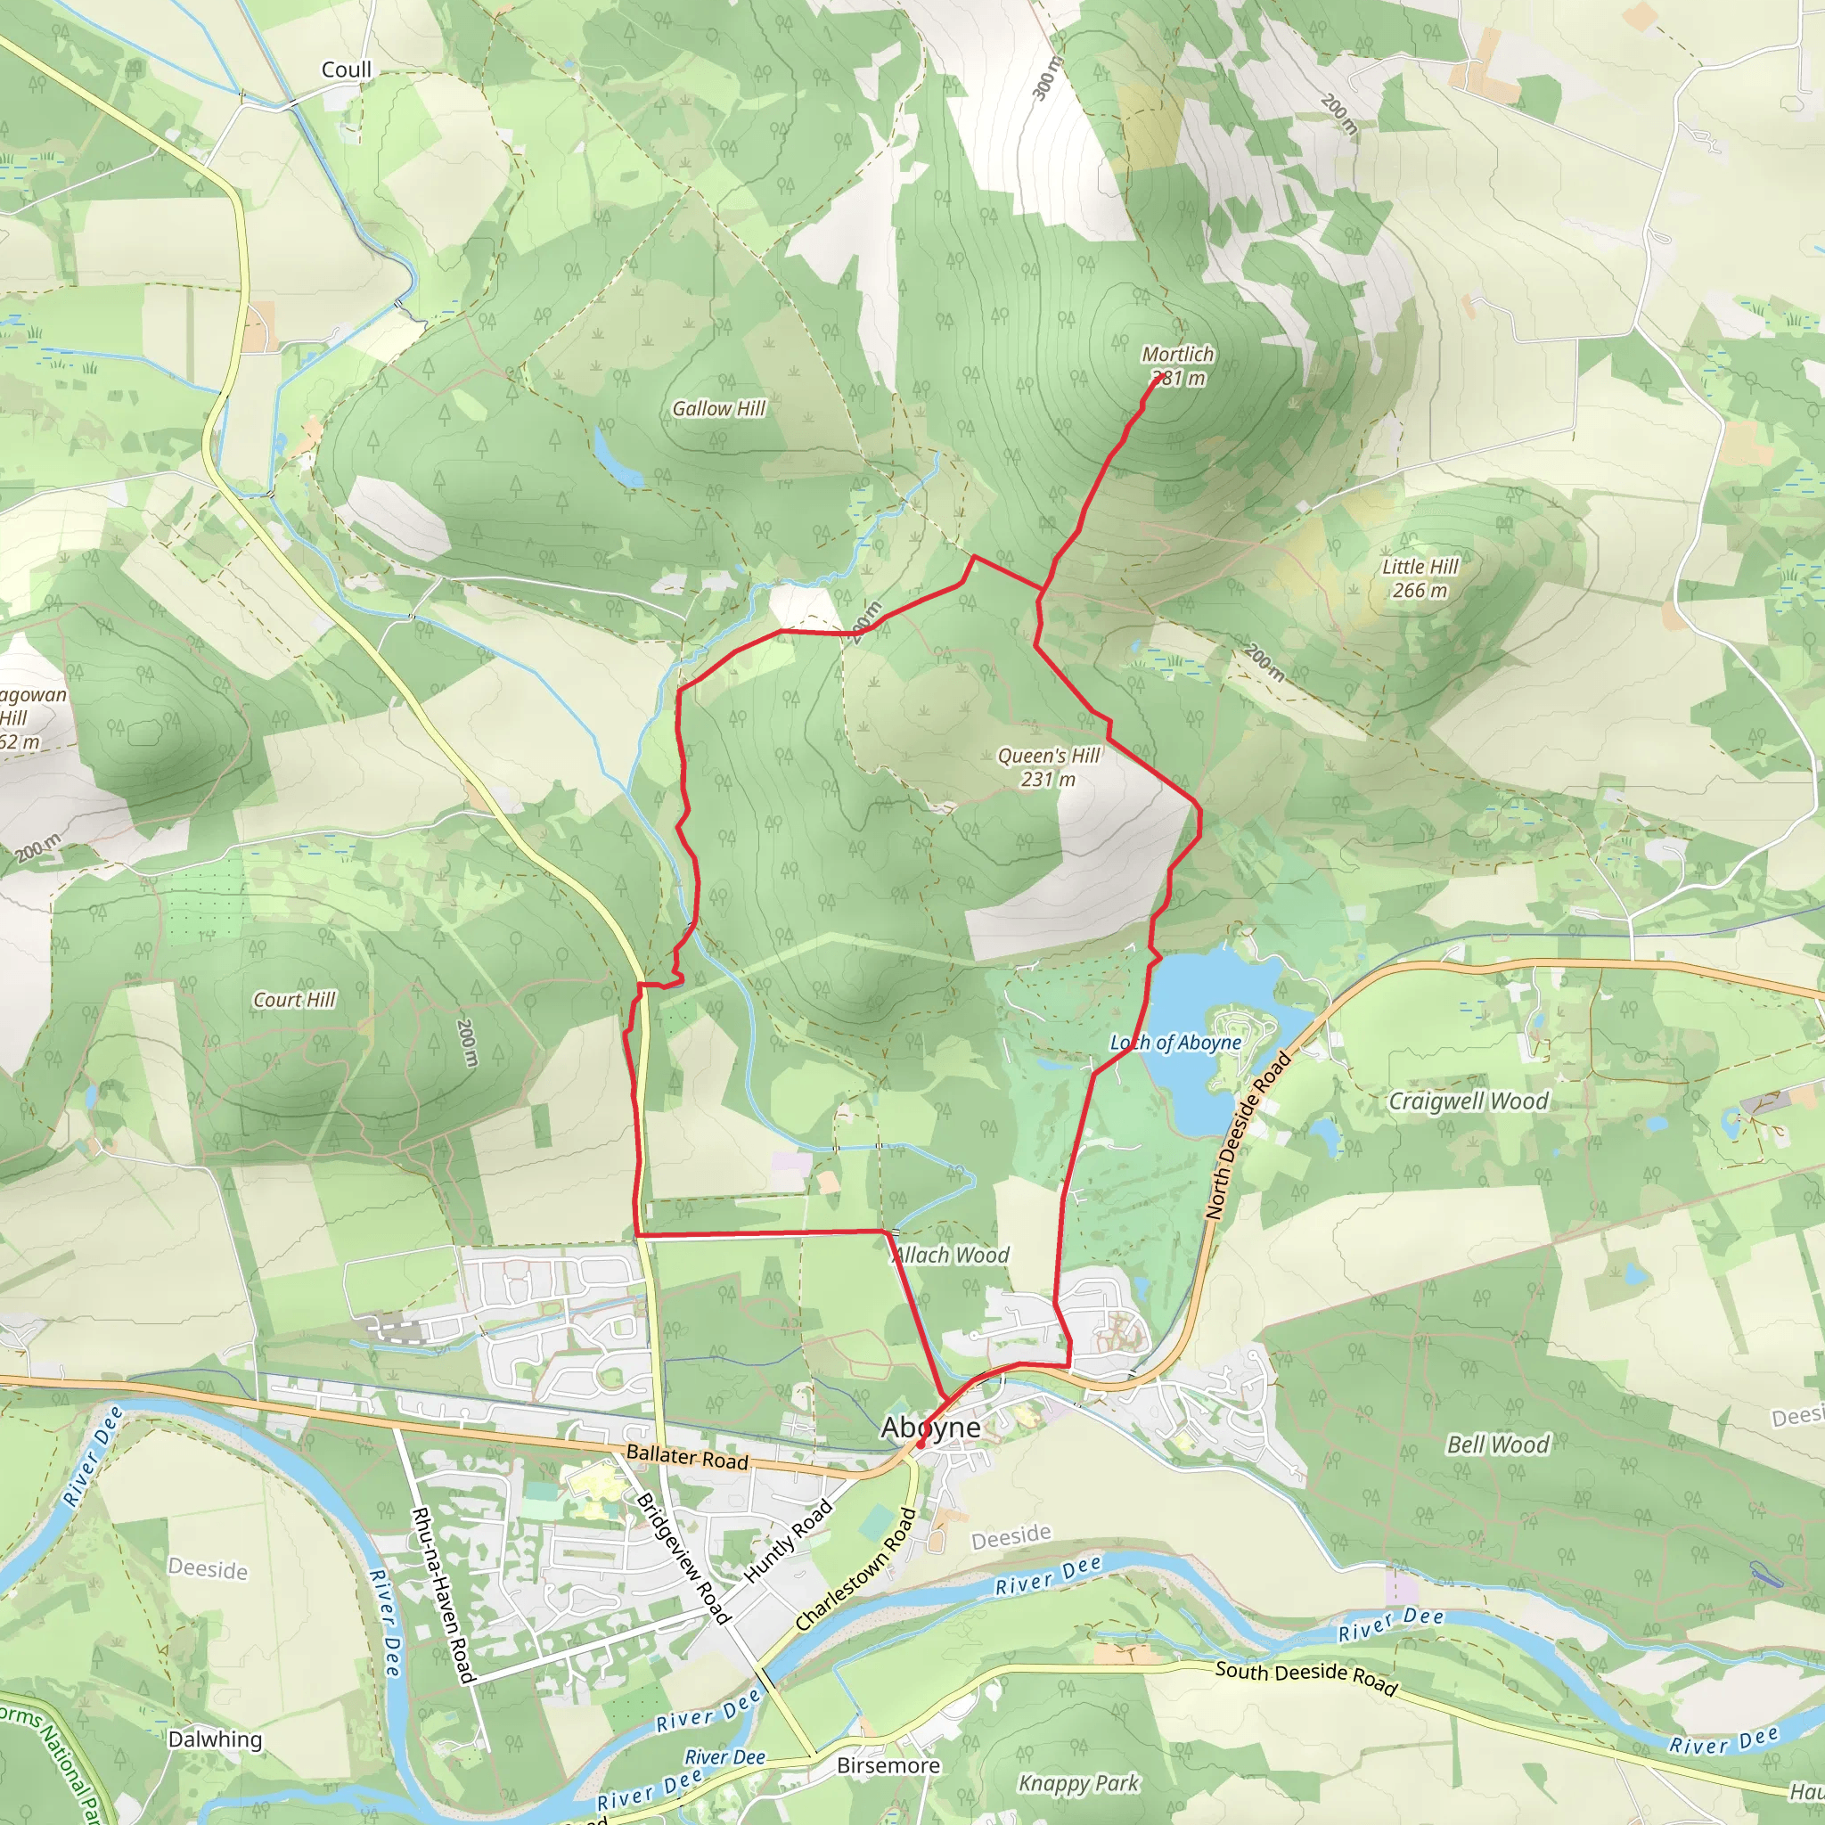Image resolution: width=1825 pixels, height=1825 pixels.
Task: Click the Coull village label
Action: tap(346, 70)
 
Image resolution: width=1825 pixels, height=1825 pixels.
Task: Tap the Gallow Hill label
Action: tap(718, 408)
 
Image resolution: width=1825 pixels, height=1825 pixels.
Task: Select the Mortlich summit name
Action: tap(1177, 355)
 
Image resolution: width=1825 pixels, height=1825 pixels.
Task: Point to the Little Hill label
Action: tap(1420, 567)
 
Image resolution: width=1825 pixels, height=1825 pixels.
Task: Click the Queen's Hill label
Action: tap(1049, 756)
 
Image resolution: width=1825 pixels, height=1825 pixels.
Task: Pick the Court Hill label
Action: tap(294, 1000)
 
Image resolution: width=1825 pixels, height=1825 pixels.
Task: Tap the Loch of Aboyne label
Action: tap(1175, 1043)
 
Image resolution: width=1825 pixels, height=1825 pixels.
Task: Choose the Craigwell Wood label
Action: tap(1468, 1101)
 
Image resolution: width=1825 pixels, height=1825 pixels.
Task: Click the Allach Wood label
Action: tap(951, 1255)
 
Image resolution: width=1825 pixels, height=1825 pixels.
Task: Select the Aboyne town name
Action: tap(930, 1428)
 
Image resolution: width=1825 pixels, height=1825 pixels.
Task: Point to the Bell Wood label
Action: tap(1498, 1444)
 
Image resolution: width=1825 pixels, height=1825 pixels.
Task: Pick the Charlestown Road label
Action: tap(855, 1569)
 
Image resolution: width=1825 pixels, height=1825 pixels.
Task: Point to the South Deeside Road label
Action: tap(1305, 1678)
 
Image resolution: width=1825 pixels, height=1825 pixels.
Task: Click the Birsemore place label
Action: tap(888, 1765)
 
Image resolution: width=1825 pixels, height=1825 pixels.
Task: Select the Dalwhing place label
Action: tap(215, 1739)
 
